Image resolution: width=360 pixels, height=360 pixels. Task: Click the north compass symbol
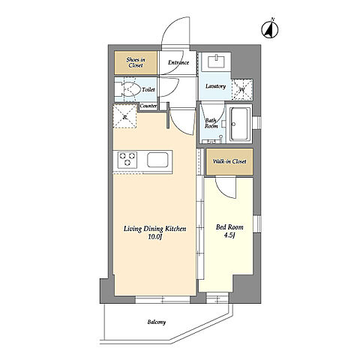[x=270, y=29]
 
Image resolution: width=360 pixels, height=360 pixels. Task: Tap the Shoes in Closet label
[x=136, y=62]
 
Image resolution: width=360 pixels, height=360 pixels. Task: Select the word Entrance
[x=178, y=62]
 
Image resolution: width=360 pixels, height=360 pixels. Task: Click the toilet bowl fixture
[x=130, y=89]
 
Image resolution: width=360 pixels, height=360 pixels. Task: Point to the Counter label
[x=148, y=106]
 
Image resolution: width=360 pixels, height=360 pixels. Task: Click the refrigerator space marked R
[x=124, y=116]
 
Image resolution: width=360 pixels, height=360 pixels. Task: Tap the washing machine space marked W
[x=242, y=89]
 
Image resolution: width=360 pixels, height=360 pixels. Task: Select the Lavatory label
[x=215, y=86]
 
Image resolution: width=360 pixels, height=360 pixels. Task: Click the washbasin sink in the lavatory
[x=217, y=61]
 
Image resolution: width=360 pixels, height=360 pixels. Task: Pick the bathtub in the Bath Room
[x=240, y=124]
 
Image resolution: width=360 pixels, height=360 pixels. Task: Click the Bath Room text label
[x=211, y=123]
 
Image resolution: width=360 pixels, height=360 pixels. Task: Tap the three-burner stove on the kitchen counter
[x=127, y=159]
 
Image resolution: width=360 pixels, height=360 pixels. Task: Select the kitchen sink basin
[x=157, y=160]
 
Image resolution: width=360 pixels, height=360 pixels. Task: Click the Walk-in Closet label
[x=229, y=161]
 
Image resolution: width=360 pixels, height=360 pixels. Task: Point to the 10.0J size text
[x=155, y=236]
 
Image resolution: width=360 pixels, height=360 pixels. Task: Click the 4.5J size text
[x=229, y=235]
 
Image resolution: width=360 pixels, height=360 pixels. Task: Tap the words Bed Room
[x=229, y=227]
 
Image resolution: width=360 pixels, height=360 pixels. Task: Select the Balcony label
[x=157, y=322]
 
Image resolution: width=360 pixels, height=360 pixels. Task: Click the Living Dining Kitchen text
[x=155, y=229]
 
